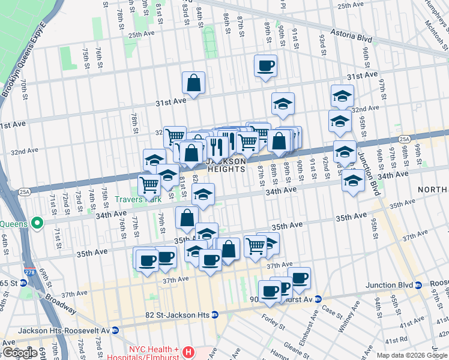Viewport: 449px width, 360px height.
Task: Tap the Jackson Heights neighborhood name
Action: point(226,165)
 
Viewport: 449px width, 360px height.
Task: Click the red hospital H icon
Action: point(189,352)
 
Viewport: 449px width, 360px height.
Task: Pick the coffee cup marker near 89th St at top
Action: point(265,66)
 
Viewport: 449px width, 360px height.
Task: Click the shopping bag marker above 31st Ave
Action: point(194,84)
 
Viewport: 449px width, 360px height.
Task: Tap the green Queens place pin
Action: point(37,223)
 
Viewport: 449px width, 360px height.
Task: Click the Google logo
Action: point(19,353)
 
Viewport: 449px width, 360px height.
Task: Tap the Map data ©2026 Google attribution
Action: point(412,355)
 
